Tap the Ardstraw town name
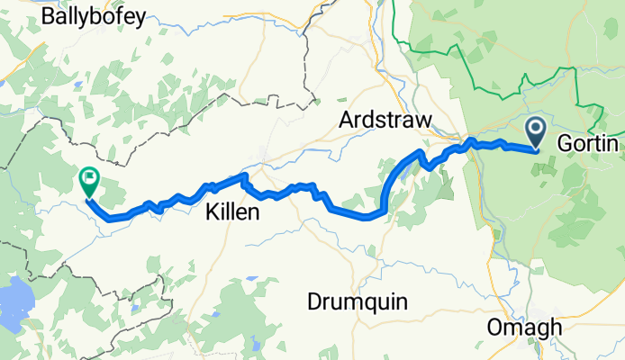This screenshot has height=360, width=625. [385, 120]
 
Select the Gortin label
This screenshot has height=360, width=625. [588, 144]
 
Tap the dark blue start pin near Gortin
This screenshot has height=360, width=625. [536, 132]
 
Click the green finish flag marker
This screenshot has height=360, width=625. [90, 181]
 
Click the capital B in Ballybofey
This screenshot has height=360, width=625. [49, 17]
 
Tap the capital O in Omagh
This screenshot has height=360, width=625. [494, 328]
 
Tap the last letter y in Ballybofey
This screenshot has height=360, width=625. [140, 20]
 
